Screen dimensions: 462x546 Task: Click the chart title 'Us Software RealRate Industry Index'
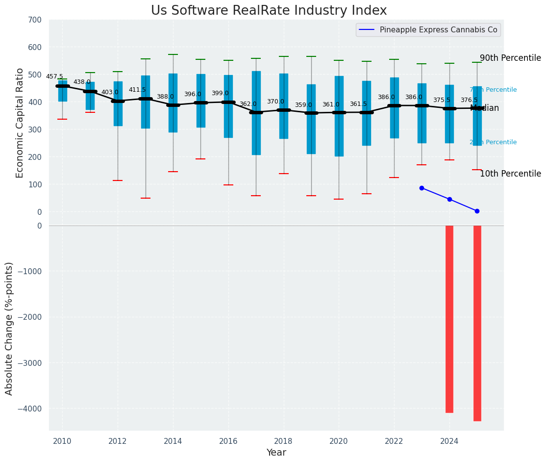coord(269,11)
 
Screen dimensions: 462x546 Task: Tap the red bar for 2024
coord(449,319)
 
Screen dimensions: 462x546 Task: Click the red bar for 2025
coord(477,323)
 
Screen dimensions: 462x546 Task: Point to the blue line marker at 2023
coord(422,188)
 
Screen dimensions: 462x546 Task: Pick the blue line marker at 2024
coord(449,199)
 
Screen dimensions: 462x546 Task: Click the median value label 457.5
coord(54,77)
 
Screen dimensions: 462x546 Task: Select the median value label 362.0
coord(248,104)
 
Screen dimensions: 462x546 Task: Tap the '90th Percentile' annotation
coord(510,58)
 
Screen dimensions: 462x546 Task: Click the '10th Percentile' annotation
coord(510,174)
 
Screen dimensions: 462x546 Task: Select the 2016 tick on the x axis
coord(228,441)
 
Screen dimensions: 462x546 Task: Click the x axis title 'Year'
coord(276,453)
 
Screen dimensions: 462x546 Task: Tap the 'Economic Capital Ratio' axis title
coord(20,123)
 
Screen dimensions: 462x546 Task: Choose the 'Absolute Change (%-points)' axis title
coord(9,328)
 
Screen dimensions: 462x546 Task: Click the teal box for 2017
coord(256,113)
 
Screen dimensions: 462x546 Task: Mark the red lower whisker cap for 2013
coord(146,198)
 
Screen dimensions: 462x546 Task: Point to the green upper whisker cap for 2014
coord(173,54)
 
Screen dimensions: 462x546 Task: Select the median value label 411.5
coord(137,90)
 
